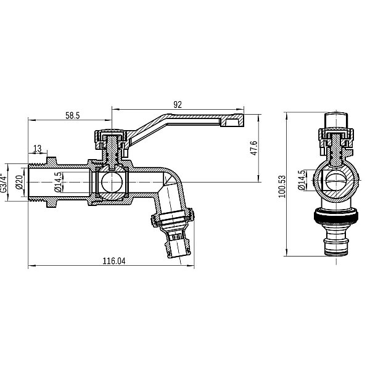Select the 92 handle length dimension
[x=178, y=105]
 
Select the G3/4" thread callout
[x=5, y=183]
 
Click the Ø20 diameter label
[x=19, y=183]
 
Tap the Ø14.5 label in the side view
[x=58, y=183]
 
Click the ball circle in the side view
[x=112, y=183]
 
